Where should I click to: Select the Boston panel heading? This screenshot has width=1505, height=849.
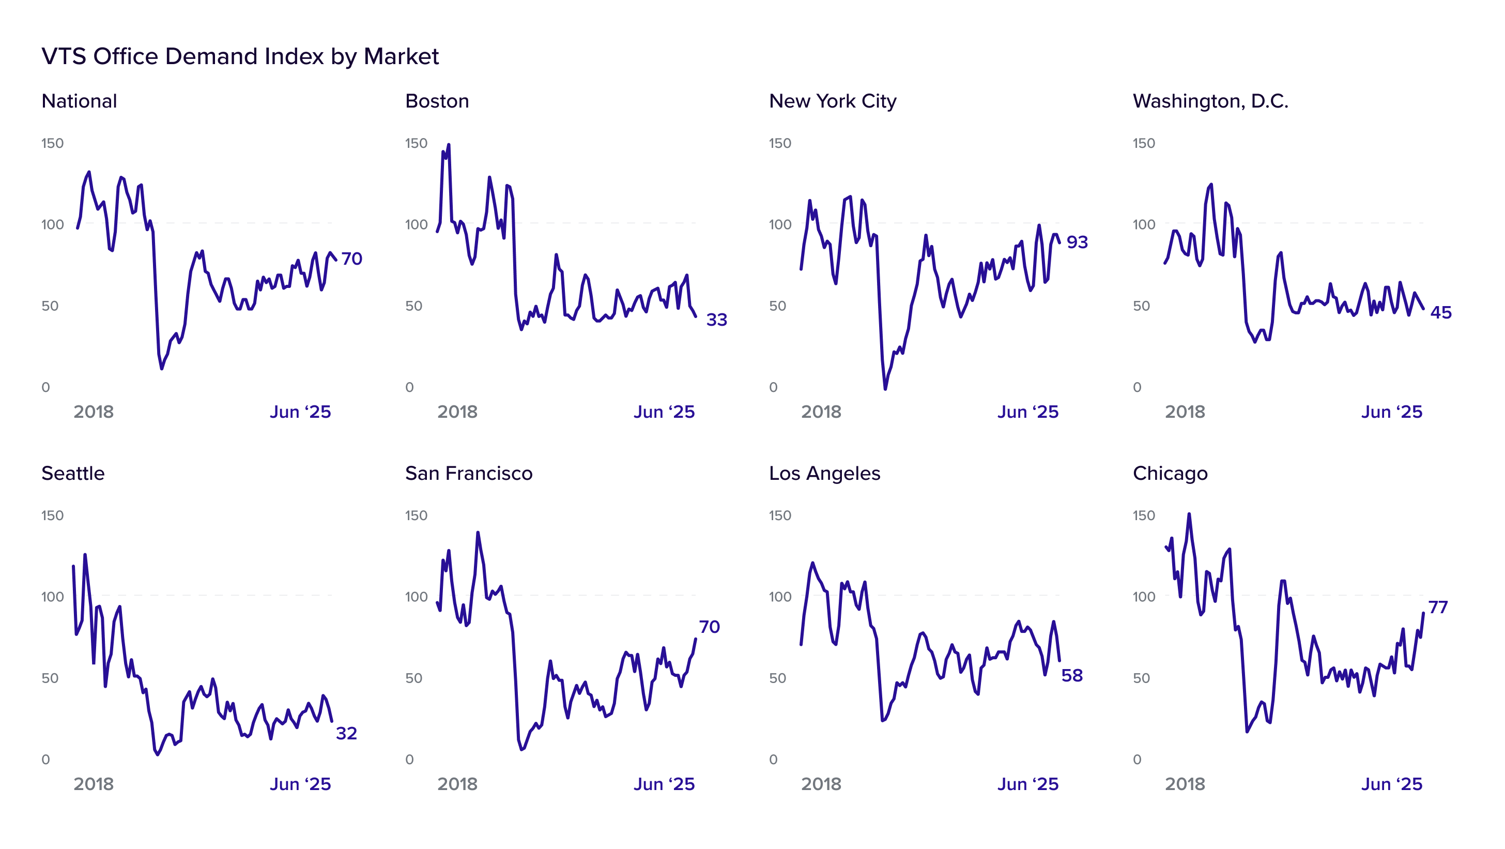tap(437, 101)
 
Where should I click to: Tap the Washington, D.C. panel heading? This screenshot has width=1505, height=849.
tap(1210, 102)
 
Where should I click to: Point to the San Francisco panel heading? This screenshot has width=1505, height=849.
tap(469, 473)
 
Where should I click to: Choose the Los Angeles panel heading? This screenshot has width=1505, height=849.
tap(824, 474)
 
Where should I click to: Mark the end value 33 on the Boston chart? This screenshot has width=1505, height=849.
tap(717, 320)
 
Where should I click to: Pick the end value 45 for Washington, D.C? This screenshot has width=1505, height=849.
tap(1441, 313)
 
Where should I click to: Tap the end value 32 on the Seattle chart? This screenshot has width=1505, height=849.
tap(346, 733)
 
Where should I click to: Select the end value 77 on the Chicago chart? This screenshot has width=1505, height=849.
tap(1438, 607)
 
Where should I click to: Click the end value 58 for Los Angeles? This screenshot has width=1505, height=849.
tap(1072, 675)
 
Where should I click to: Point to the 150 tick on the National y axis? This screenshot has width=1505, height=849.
tap(53, 143)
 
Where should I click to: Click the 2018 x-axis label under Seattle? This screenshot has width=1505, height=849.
tap(94, 784)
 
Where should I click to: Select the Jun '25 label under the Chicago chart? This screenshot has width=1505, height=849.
tap(1392, 784)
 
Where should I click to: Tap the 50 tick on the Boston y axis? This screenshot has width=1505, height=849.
tap(413, 306)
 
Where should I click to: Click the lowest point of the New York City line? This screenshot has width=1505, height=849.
tap(885, 389)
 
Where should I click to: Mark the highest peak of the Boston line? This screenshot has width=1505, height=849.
tap(449, 145)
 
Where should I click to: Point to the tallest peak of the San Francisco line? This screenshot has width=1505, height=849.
tap(478, 532)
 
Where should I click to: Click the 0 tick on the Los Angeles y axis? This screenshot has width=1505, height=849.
tap(774, 760)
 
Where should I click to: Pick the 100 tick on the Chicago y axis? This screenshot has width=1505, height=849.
tap(1144, 597)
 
